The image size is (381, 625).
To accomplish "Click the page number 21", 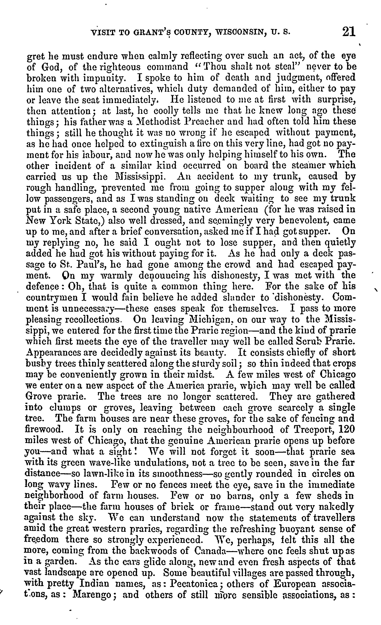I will (x=349, y=32).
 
